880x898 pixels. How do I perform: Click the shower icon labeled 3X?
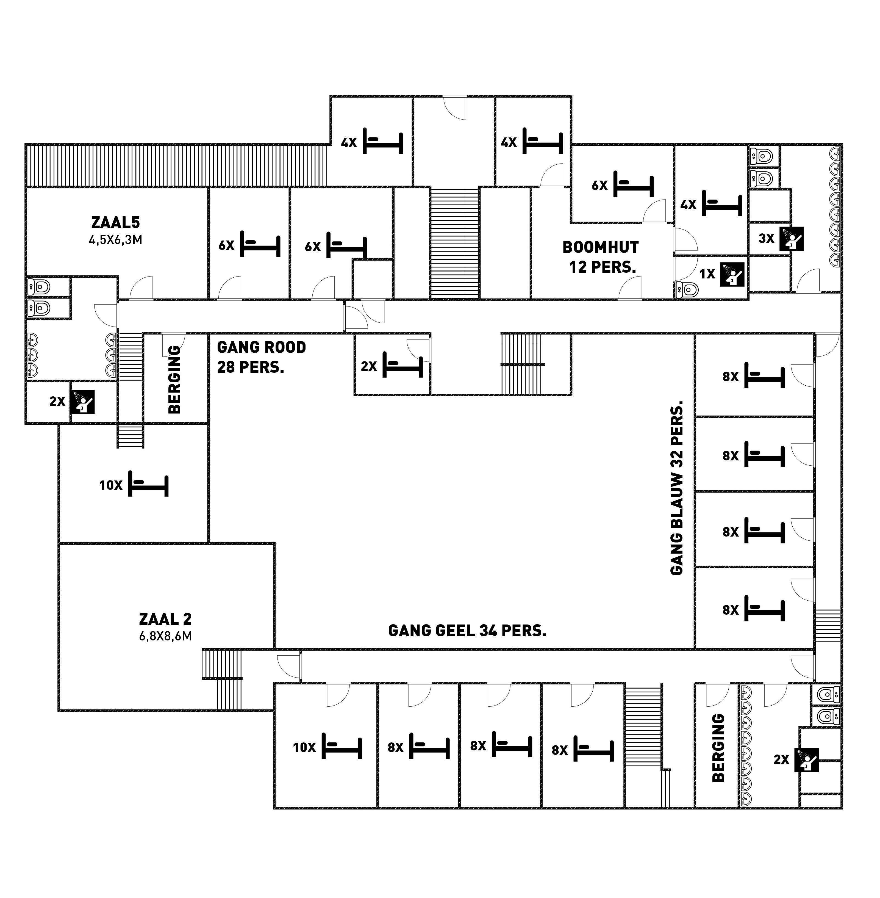click(791, 239)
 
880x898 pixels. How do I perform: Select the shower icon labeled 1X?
click(732, 274)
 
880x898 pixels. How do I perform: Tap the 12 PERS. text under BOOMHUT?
click(603, 267)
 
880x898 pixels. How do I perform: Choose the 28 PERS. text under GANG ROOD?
click(251, 367)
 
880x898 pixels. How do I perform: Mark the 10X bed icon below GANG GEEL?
click(342, 746)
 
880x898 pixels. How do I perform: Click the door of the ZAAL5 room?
click(141, 288)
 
